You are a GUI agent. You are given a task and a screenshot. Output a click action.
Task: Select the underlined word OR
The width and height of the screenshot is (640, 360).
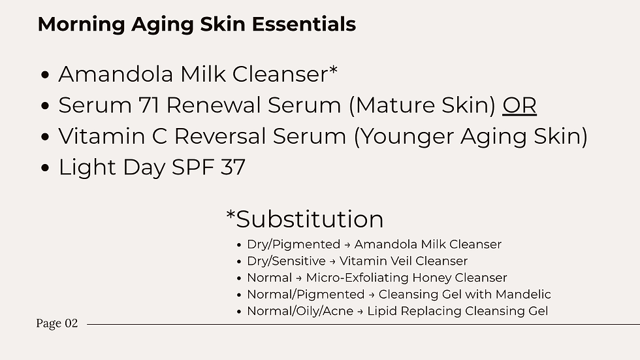click(519, 106)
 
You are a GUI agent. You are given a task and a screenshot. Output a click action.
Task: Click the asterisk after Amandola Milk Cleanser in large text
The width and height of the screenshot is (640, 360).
click(333, 70)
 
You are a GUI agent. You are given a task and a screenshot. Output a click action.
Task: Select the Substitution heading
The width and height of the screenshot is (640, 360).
click(304, 219)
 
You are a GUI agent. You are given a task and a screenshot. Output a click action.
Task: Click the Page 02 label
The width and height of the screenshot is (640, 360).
click(57, 323)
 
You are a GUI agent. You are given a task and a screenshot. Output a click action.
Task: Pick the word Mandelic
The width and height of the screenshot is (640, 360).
click(526, 295)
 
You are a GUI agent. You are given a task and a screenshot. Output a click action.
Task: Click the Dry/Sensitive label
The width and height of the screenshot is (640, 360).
click(286, 261)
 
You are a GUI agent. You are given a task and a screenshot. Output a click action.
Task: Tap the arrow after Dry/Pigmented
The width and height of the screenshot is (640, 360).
click(347, 245)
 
